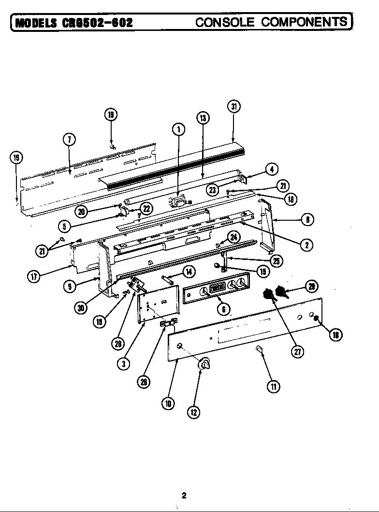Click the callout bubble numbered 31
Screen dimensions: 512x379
click(233, 107)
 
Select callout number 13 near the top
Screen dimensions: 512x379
click(203, 118)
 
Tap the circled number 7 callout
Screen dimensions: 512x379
click(69, 139)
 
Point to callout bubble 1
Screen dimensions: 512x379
click(178, 129)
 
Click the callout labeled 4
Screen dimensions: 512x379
click(272, 169)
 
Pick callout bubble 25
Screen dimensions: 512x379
click(277, 261)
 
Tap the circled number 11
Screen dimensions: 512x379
click(273, 386)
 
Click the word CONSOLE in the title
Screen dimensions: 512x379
click(225, 22)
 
